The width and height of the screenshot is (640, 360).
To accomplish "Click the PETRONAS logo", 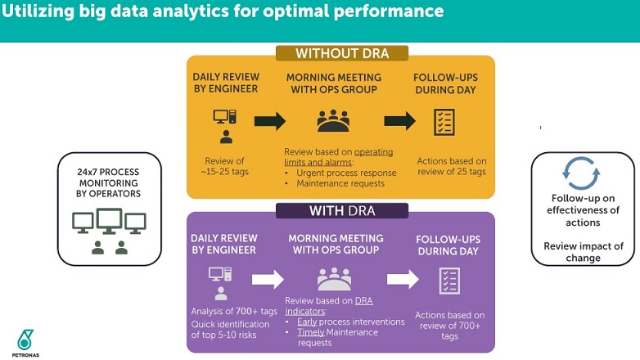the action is pos(25,343).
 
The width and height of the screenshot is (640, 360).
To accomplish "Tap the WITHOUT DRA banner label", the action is pos(342,53).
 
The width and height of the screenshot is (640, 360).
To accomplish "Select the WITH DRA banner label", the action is pos(342,210).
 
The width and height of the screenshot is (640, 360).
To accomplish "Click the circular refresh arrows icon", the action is pos(581,173).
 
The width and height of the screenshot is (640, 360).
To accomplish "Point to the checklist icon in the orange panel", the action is pos(444,122).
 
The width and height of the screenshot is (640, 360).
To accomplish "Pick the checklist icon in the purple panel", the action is pos(449,281).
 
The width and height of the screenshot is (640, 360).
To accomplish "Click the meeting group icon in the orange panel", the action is pos(333,121).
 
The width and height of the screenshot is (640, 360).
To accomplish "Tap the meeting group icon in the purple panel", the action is pos(334,279).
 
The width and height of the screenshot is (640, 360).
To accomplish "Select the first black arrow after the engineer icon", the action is pos(270,121).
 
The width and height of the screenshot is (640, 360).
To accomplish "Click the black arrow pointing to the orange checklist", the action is pos(400,121).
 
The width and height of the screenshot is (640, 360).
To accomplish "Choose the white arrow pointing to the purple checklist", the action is pos(403,279).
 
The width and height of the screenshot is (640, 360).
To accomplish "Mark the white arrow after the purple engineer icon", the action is pos(268,279).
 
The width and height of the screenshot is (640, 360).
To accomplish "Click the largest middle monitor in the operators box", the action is pos(109,221).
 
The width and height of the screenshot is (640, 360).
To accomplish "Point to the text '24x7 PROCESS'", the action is pos(108,172).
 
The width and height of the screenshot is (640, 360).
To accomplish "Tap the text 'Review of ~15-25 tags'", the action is pos(225,166).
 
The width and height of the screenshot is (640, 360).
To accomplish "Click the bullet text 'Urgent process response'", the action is pos(346,173).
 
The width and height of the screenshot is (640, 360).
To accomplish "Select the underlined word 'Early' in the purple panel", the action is pos(307,322).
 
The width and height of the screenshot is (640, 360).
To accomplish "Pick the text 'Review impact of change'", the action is pos(584,252).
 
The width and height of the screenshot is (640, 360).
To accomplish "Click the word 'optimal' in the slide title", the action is pos(295,11).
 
